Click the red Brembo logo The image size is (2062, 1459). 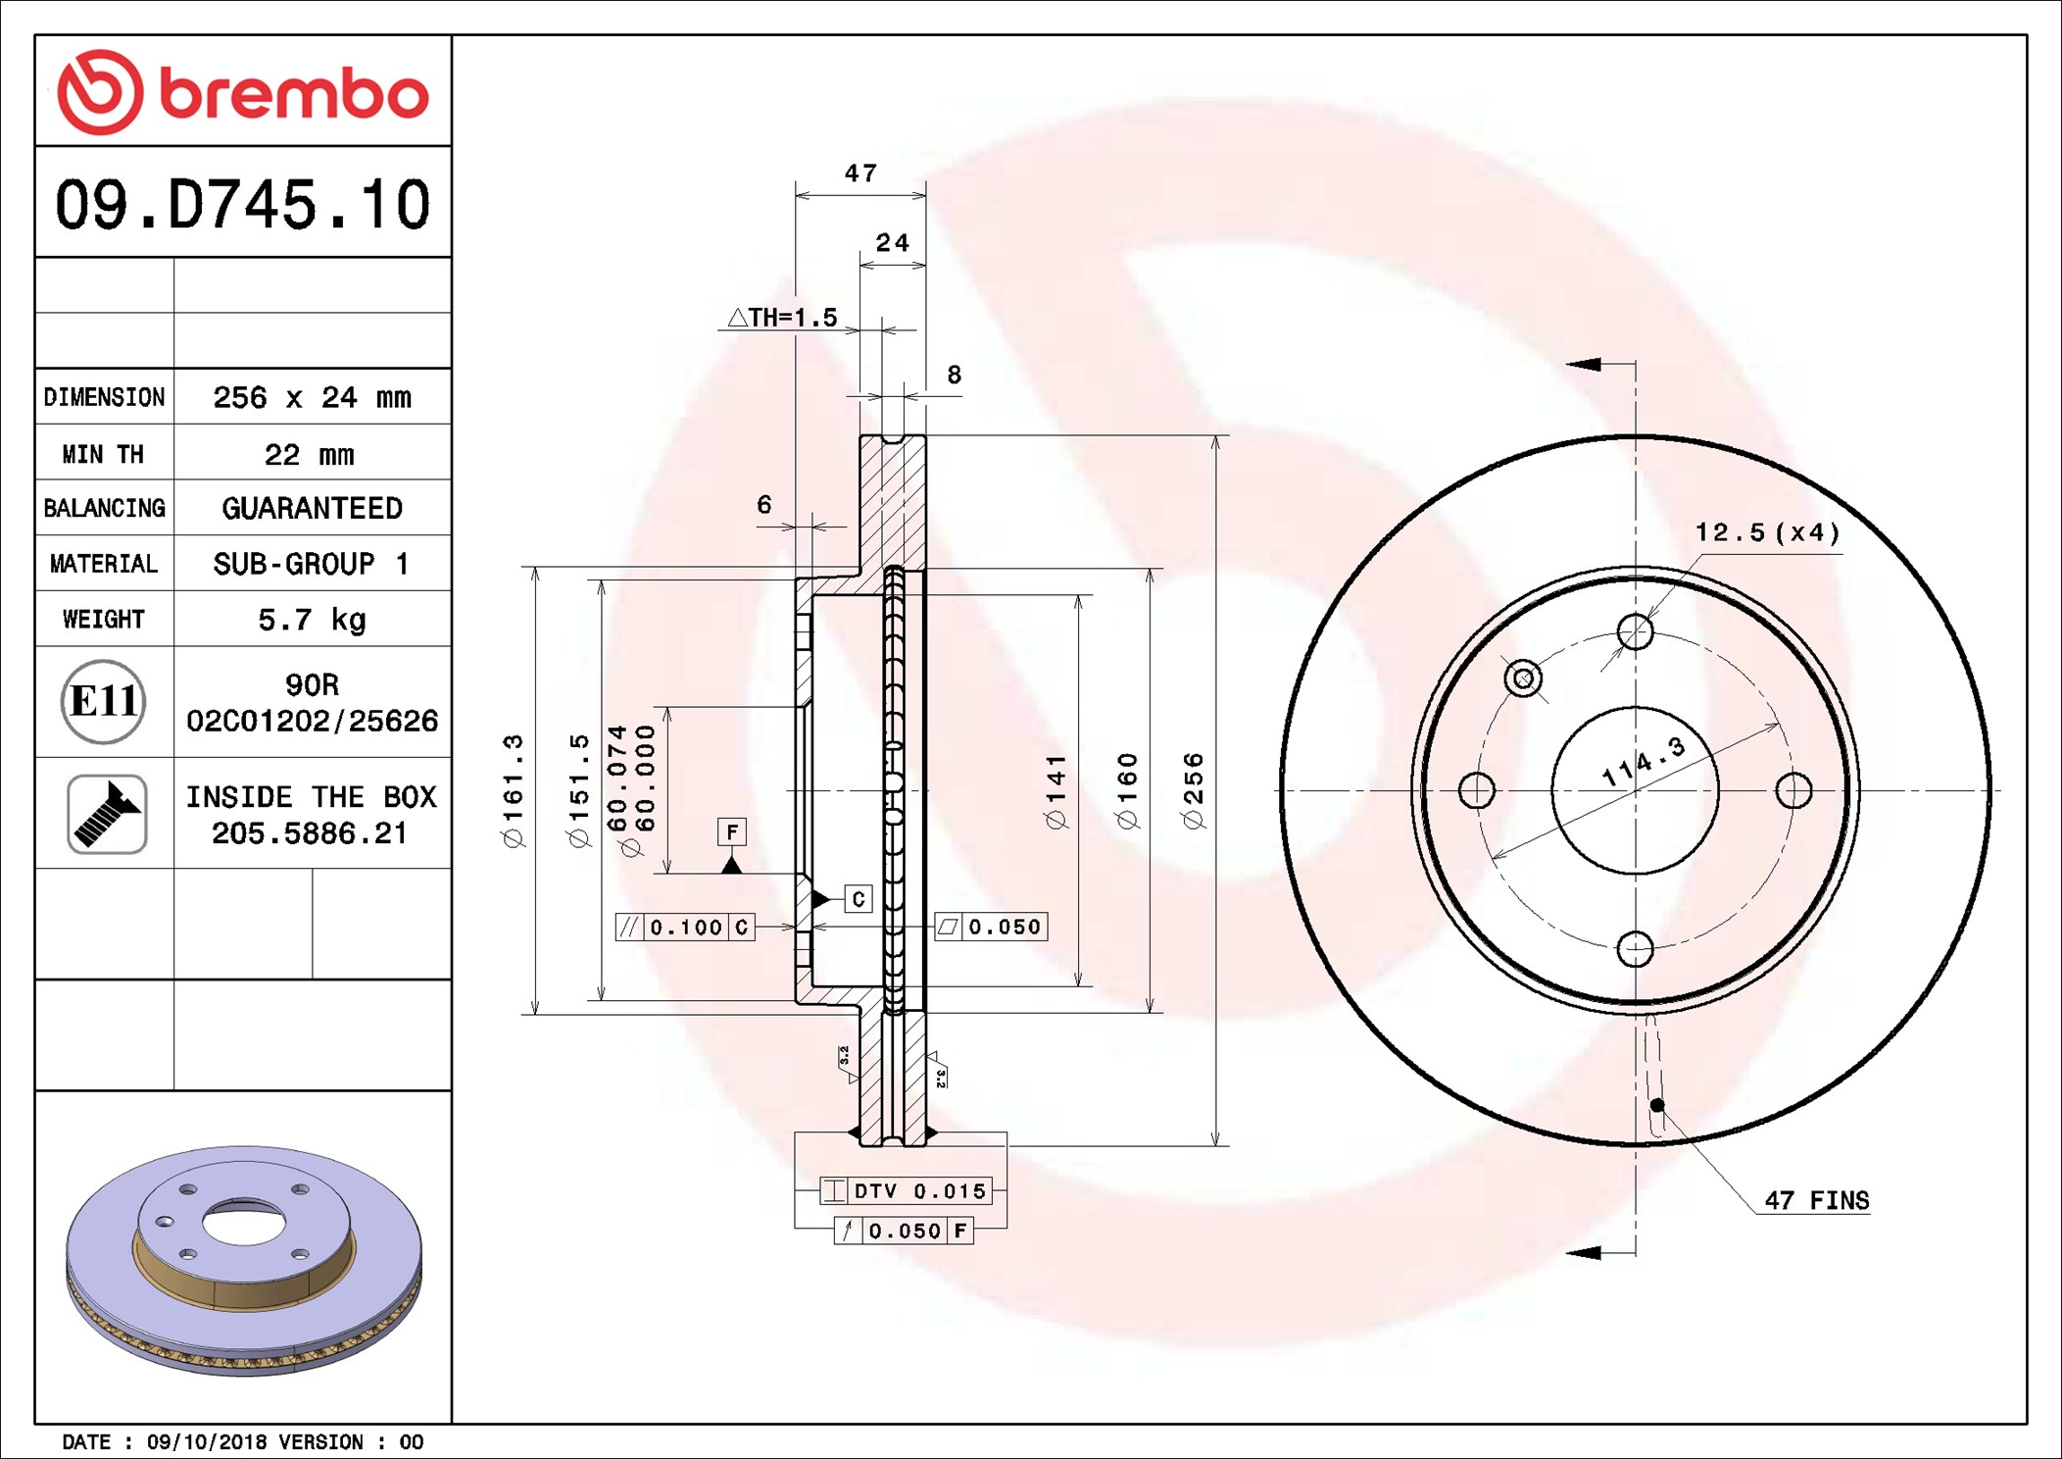243,92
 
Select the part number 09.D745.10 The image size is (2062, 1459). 242,205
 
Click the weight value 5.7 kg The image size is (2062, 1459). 312,620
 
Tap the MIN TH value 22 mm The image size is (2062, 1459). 309,454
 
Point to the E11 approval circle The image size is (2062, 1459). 104,701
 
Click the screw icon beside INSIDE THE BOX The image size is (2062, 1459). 107,814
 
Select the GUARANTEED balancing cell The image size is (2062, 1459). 312,508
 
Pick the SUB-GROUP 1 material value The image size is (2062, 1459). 311,564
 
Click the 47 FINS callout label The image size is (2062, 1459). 1816,1200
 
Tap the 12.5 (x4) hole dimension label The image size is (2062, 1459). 1767,532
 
